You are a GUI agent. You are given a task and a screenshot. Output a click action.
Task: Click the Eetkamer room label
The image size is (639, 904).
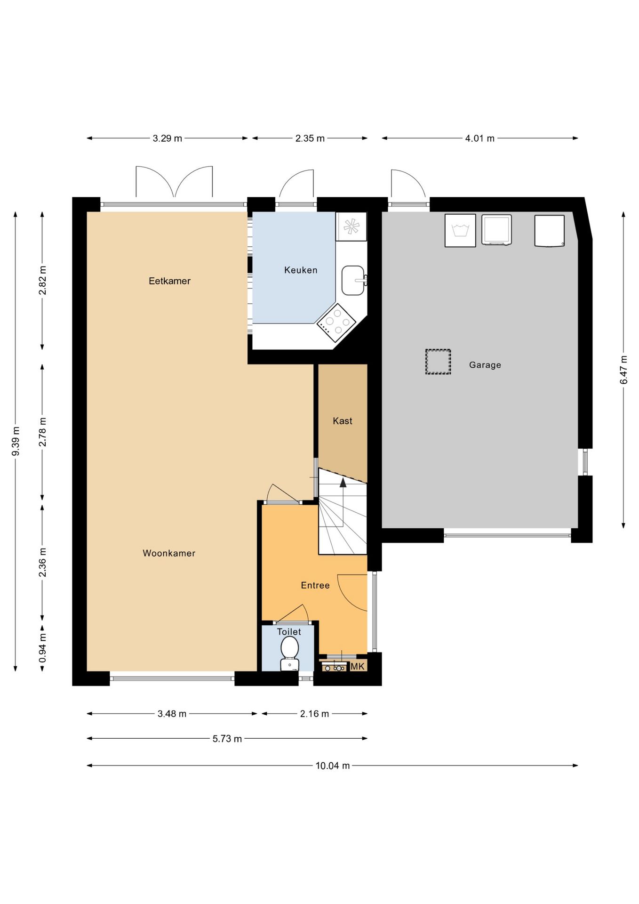click(x=169, y=281)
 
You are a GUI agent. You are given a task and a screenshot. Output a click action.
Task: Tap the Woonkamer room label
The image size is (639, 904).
click(x=169, y=553)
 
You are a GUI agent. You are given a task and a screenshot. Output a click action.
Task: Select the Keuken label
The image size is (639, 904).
click(x=301, y=270)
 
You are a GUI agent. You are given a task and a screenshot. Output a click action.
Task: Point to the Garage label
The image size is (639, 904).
click(x=485, y=365)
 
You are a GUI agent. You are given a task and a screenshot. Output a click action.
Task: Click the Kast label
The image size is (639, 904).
click(x=343, y=421)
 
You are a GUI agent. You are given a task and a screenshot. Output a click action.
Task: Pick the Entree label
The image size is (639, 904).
click(x=315, y=585)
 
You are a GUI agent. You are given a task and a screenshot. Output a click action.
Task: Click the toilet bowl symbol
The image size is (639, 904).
click(x=289, y=653)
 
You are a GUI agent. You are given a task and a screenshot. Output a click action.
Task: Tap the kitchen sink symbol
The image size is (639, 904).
click(x=353, y=280)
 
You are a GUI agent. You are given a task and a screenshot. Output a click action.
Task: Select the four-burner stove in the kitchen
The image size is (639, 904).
click(x=336, y=323)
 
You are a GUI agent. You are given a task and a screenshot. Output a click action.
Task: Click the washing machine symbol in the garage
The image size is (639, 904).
click(x=460, y=230)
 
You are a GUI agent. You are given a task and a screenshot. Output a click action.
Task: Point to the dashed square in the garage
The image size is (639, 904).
click(x=438, y=362)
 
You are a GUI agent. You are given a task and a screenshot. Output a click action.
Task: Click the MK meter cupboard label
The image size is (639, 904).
click(x=358, y=666)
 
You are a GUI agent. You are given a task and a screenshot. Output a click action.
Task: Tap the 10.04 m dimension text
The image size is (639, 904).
click(x=333, y=766)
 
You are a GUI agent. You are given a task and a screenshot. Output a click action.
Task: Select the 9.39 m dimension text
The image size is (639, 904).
click(x=16, y=441)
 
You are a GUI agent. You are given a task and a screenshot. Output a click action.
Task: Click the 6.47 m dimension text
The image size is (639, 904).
click(x=623, y=370)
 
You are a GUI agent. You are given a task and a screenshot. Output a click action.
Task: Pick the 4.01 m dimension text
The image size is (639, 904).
click(x=480, y=138)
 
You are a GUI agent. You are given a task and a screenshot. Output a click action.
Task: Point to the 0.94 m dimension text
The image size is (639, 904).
click(x=42, y=648)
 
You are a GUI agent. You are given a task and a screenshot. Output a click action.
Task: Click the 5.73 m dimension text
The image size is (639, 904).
click(x=227, y=739)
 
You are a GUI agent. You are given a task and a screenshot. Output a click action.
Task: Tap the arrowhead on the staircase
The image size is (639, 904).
click(x=343, y=482)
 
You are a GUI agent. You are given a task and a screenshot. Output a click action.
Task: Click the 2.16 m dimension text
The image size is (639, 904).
click(x=315, y=714)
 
